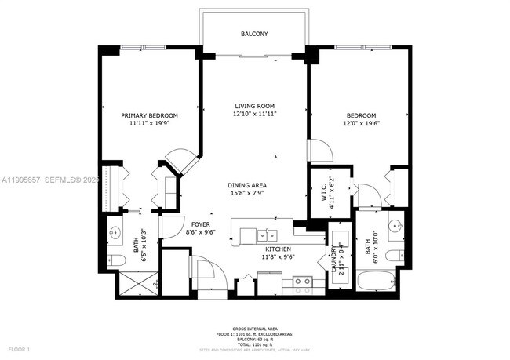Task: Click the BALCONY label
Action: click(x=255, y=34)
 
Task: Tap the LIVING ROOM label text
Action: click(x=255, y=106)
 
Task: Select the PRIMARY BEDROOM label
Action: click(x=149, y=115)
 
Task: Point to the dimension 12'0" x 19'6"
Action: click(x=362, y=123)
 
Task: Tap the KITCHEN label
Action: click(x=278, y=249)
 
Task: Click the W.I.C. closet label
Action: click(x=322, y=191)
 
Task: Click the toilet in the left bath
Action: click(x=114, y=259)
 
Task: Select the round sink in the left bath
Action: click(x=115, y=232)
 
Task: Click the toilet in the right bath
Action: click(x=396, y=255)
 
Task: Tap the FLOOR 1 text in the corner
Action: click(x=19, y=348)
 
